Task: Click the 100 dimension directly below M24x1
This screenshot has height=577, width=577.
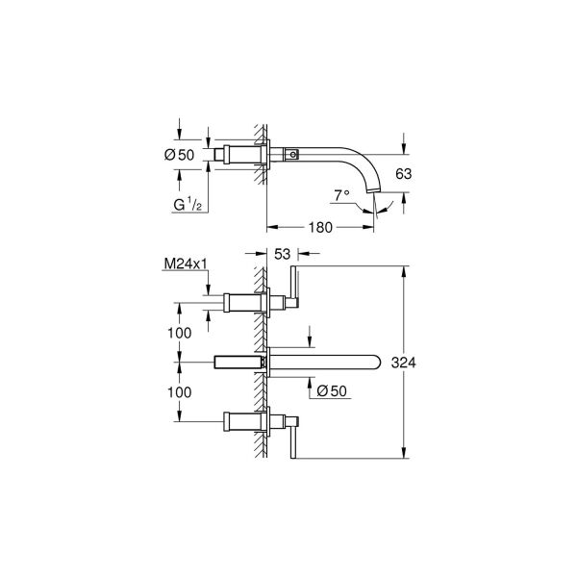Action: [x=179, y=332]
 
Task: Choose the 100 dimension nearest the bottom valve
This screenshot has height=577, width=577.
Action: [x=179, y=392]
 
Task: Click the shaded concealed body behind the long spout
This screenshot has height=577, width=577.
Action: [x=238, y=363]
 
